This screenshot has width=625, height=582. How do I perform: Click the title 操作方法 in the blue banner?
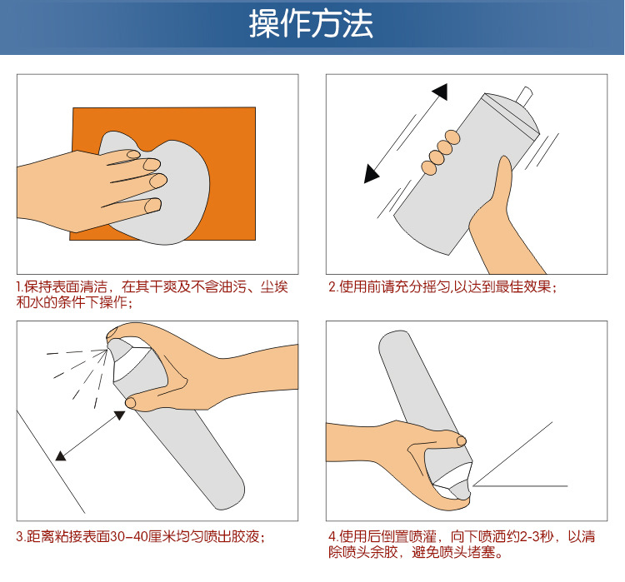click(311, 24)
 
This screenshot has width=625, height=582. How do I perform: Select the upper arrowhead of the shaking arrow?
click(441, 92)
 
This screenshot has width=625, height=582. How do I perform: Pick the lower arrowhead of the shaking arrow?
click(371, 175)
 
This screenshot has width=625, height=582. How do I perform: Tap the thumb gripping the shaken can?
click(504, 179)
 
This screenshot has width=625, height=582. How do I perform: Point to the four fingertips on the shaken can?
click(441, 152)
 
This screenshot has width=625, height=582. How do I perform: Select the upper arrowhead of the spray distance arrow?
click(119, 415)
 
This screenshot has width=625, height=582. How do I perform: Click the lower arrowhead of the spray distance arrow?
click(61, 455)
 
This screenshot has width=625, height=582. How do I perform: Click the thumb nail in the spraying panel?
click(131, 403)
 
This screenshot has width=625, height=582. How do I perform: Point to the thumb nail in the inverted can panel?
click(462, 440)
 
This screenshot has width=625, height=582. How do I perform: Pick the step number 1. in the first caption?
click(20, 286)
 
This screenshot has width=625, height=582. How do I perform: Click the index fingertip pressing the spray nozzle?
click(112, 332)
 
